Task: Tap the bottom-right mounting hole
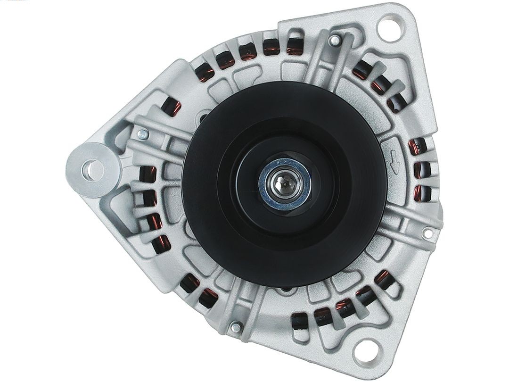(371, 353)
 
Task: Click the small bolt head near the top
(333, 42)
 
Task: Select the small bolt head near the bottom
(235, 326)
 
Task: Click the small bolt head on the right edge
(428, 233)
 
